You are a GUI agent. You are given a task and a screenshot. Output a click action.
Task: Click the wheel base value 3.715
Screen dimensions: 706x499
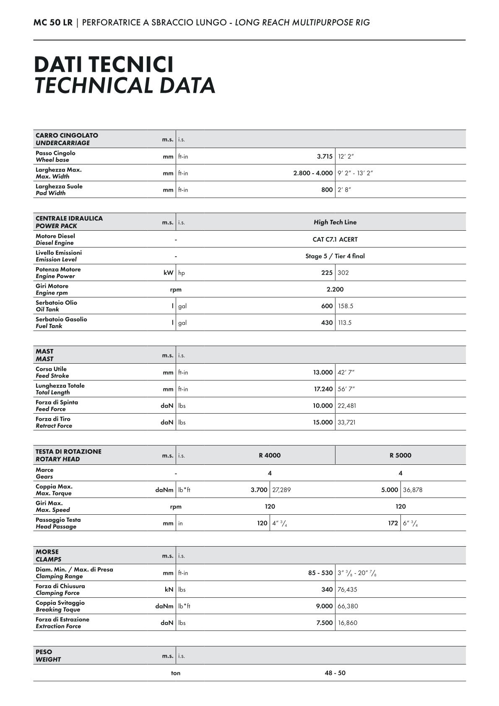pos(325,156)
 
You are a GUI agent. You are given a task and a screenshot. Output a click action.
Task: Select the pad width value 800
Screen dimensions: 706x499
pos(327,190)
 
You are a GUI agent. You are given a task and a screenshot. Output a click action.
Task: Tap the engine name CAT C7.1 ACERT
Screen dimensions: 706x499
pos(335,240)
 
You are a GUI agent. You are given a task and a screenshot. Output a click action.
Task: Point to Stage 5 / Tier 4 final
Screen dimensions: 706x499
pos(335,256)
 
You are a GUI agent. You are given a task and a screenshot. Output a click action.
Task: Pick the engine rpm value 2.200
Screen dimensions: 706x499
pos(335,289)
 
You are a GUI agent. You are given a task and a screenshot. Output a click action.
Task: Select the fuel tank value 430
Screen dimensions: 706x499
pos(327,323)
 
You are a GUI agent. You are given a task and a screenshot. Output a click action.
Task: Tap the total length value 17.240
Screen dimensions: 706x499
pos(323,389)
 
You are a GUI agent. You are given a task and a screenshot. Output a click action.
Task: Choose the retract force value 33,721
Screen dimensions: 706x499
pos(346,422)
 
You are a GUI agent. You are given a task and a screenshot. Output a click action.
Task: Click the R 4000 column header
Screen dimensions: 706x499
pos(270,455)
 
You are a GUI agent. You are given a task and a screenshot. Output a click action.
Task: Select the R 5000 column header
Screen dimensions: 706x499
pos(400,455)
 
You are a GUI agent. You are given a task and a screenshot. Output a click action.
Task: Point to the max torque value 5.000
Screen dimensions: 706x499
pos(390,490)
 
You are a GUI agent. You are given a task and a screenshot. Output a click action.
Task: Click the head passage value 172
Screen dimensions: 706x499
pos(393,523)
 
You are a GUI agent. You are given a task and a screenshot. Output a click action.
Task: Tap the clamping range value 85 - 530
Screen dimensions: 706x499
pos(320,573)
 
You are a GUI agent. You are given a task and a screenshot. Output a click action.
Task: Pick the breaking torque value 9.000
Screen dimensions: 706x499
pos(324,606)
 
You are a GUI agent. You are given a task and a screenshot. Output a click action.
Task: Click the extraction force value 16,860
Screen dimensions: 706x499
pos(347,623)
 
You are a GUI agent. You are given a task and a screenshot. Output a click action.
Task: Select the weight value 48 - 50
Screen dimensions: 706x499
pos(335,673)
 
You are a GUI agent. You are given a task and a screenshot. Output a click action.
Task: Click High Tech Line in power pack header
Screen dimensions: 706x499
pos(335,222)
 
